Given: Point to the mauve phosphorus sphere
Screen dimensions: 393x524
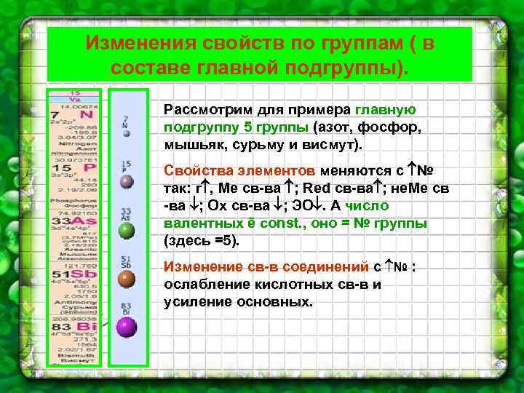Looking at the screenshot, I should (x=127, y=181).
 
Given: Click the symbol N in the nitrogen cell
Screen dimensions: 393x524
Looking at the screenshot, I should (x=86, y=115).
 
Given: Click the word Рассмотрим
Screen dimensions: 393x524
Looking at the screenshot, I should (x=206, y=110).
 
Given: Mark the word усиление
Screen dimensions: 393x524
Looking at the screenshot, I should (x=197, y=301).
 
